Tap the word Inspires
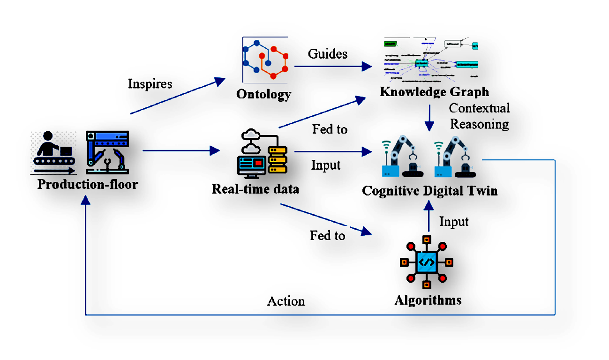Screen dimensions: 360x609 [x=150, y=84]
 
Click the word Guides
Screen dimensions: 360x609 [x=328, y=54]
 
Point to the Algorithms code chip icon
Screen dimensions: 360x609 [x=427, y=262]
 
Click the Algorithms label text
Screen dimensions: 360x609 [x=428, y=300]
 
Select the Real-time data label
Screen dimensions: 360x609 [x=255, y=189]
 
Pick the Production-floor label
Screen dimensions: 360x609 [x=88, y=184]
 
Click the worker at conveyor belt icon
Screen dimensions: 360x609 [x=53, y=152]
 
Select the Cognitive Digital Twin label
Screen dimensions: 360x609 [x=429, y=191]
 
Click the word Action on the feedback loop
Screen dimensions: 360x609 [x=286, y=301]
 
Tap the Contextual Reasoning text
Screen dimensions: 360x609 [x=479, y=116]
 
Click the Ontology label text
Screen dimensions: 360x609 [x=263, y=94]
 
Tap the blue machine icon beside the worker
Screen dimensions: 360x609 [x=107, y=150]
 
